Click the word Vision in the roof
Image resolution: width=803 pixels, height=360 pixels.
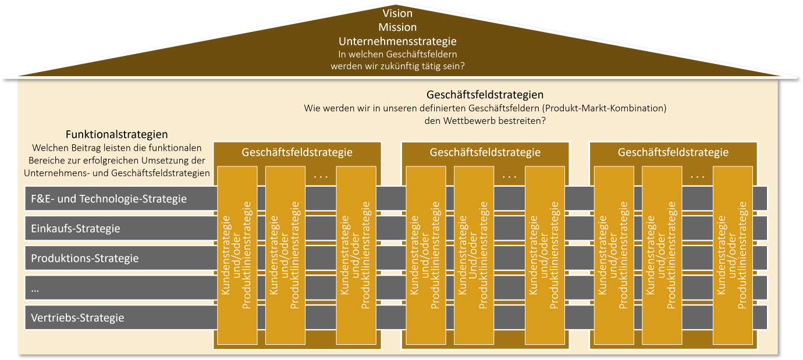click(397, 13)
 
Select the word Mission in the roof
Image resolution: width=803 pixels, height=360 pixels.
click(397, 27)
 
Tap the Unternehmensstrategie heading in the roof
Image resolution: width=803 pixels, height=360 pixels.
click(397, 41)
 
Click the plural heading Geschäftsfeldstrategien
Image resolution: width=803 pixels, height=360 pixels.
click(485, 94)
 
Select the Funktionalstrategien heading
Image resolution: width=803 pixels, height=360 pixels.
click(117, 134)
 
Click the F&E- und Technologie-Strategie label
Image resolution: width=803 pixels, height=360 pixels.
click(109, 199)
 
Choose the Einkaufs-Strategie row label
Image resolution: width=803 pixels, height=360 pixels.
click(76, 229)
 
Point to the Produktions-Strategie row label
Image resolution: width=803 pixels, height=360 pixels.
click(85, 258)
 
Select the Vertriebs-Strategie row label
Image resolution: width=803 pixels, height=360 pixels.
click(77, 318)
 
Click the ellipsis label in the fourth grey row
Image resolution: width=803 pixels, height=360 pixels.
click(35, 288)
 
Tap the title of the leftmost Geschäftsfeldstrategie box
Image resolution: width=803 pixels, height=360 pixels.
click(297, 153)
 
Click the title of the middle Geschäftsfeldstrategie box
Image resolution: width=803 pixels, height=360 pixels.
click(485, 153)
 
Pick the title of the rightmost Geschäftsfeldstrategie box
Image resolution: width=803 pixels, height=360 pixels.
click(673, 153)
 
